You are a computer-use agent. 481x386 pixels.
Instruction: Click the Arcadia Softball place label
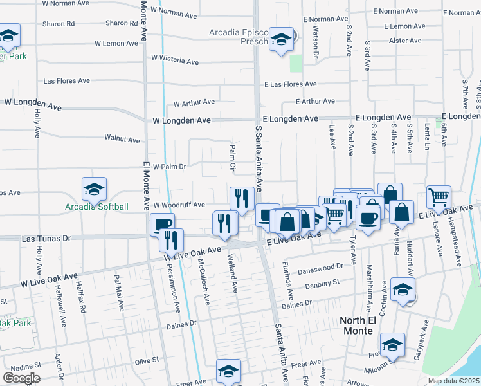tap(96, 207)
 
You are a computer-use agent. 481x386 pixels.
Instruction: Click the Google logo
tap(21, 378)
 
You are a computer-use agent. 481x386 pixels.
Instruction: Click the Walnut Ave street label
tap(122, 139)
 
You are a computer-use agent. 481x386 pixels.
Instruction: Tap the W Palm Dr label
tap(169, 166)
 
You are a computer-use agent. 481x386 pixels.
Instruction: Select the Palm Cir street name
tap(233, 158)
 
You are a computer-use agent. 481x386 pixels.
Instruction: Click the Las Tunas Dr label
tap(46, 238)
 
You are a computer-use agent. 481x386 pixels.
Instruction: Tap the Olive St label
tap(146, 362)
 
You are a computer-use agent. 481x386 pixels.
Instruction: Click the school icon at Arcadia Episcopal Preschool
tap(280, 39)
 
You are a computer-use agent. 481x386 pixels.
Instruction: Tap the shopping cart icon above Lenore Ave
tap(439, 198)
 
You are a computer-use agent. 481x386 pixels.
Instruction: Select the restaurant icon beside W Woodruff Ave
tap(242, 199)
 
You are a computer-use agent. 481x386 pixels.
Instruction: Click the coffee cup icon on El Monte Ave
tap(161, 225)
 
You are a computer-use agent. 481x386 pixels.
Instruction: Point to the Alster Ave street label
tap(405, 40)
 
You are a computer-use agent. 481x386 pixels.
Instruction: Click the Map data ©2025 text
tap(453, 381)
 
